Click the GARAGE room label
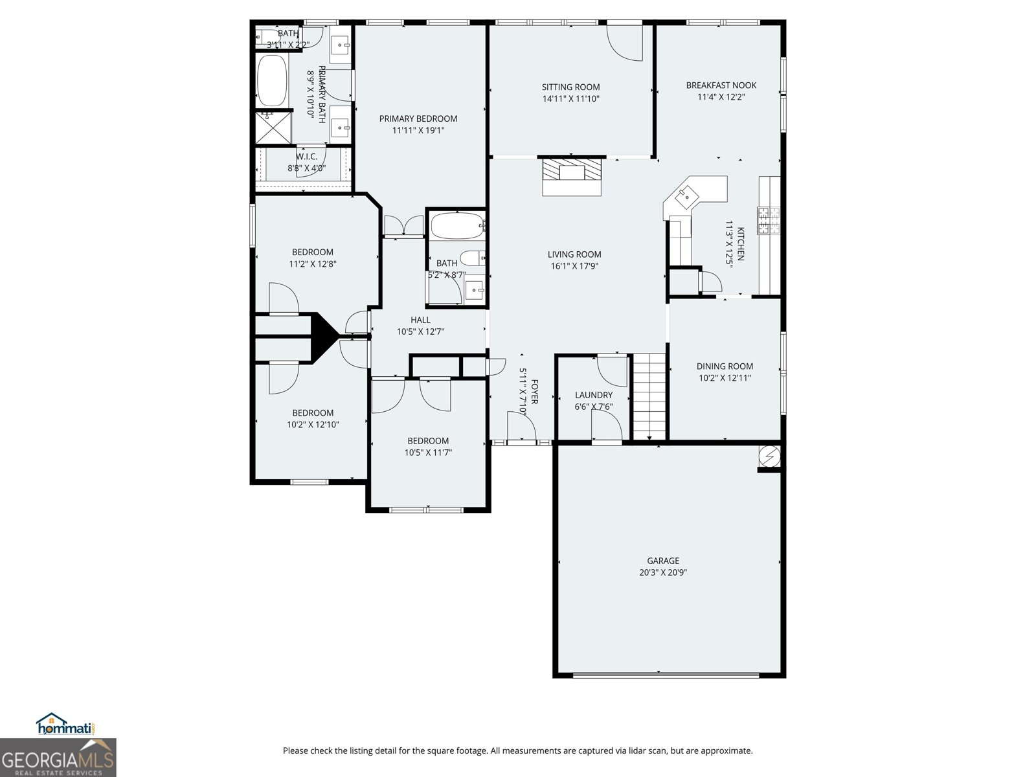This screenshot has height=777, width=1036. [662, 561]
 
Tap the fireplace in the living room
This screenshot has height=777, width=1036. [572, 176]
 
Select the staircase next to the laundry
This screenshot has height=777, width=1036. [649, 396]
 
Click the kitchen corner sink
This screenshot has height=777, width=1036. [684, 197]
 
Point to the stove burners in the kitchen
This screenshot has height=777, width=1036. [769, 220]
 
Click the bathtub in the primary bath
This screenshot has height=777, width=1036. [273, 81]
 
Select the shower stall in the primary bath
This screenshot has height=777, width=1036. [273, 128]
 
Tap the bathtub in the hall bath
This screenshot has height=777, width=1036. [457, 225]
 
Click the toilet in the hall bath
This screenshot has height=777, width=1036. [473, 258]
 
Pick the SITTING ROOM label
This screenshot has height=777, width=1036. [570, 87]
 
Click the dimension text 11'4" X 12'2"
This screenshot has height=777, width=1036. [721, 97]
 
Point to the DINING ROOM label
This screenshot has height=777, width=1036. [725, 366]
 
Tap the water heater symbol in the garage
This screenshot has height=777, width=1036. [769, 456]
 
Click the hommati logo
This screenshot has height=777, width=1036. [66, 724]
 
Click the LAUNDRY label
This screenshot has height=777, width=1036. [593, 395]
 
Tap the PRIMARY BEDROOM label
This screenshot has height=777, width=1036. [418, 118]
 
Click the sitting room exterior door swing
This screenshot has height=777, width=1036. [624, 43]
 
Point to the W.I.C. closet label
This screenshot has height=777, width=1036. [306, 156]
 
